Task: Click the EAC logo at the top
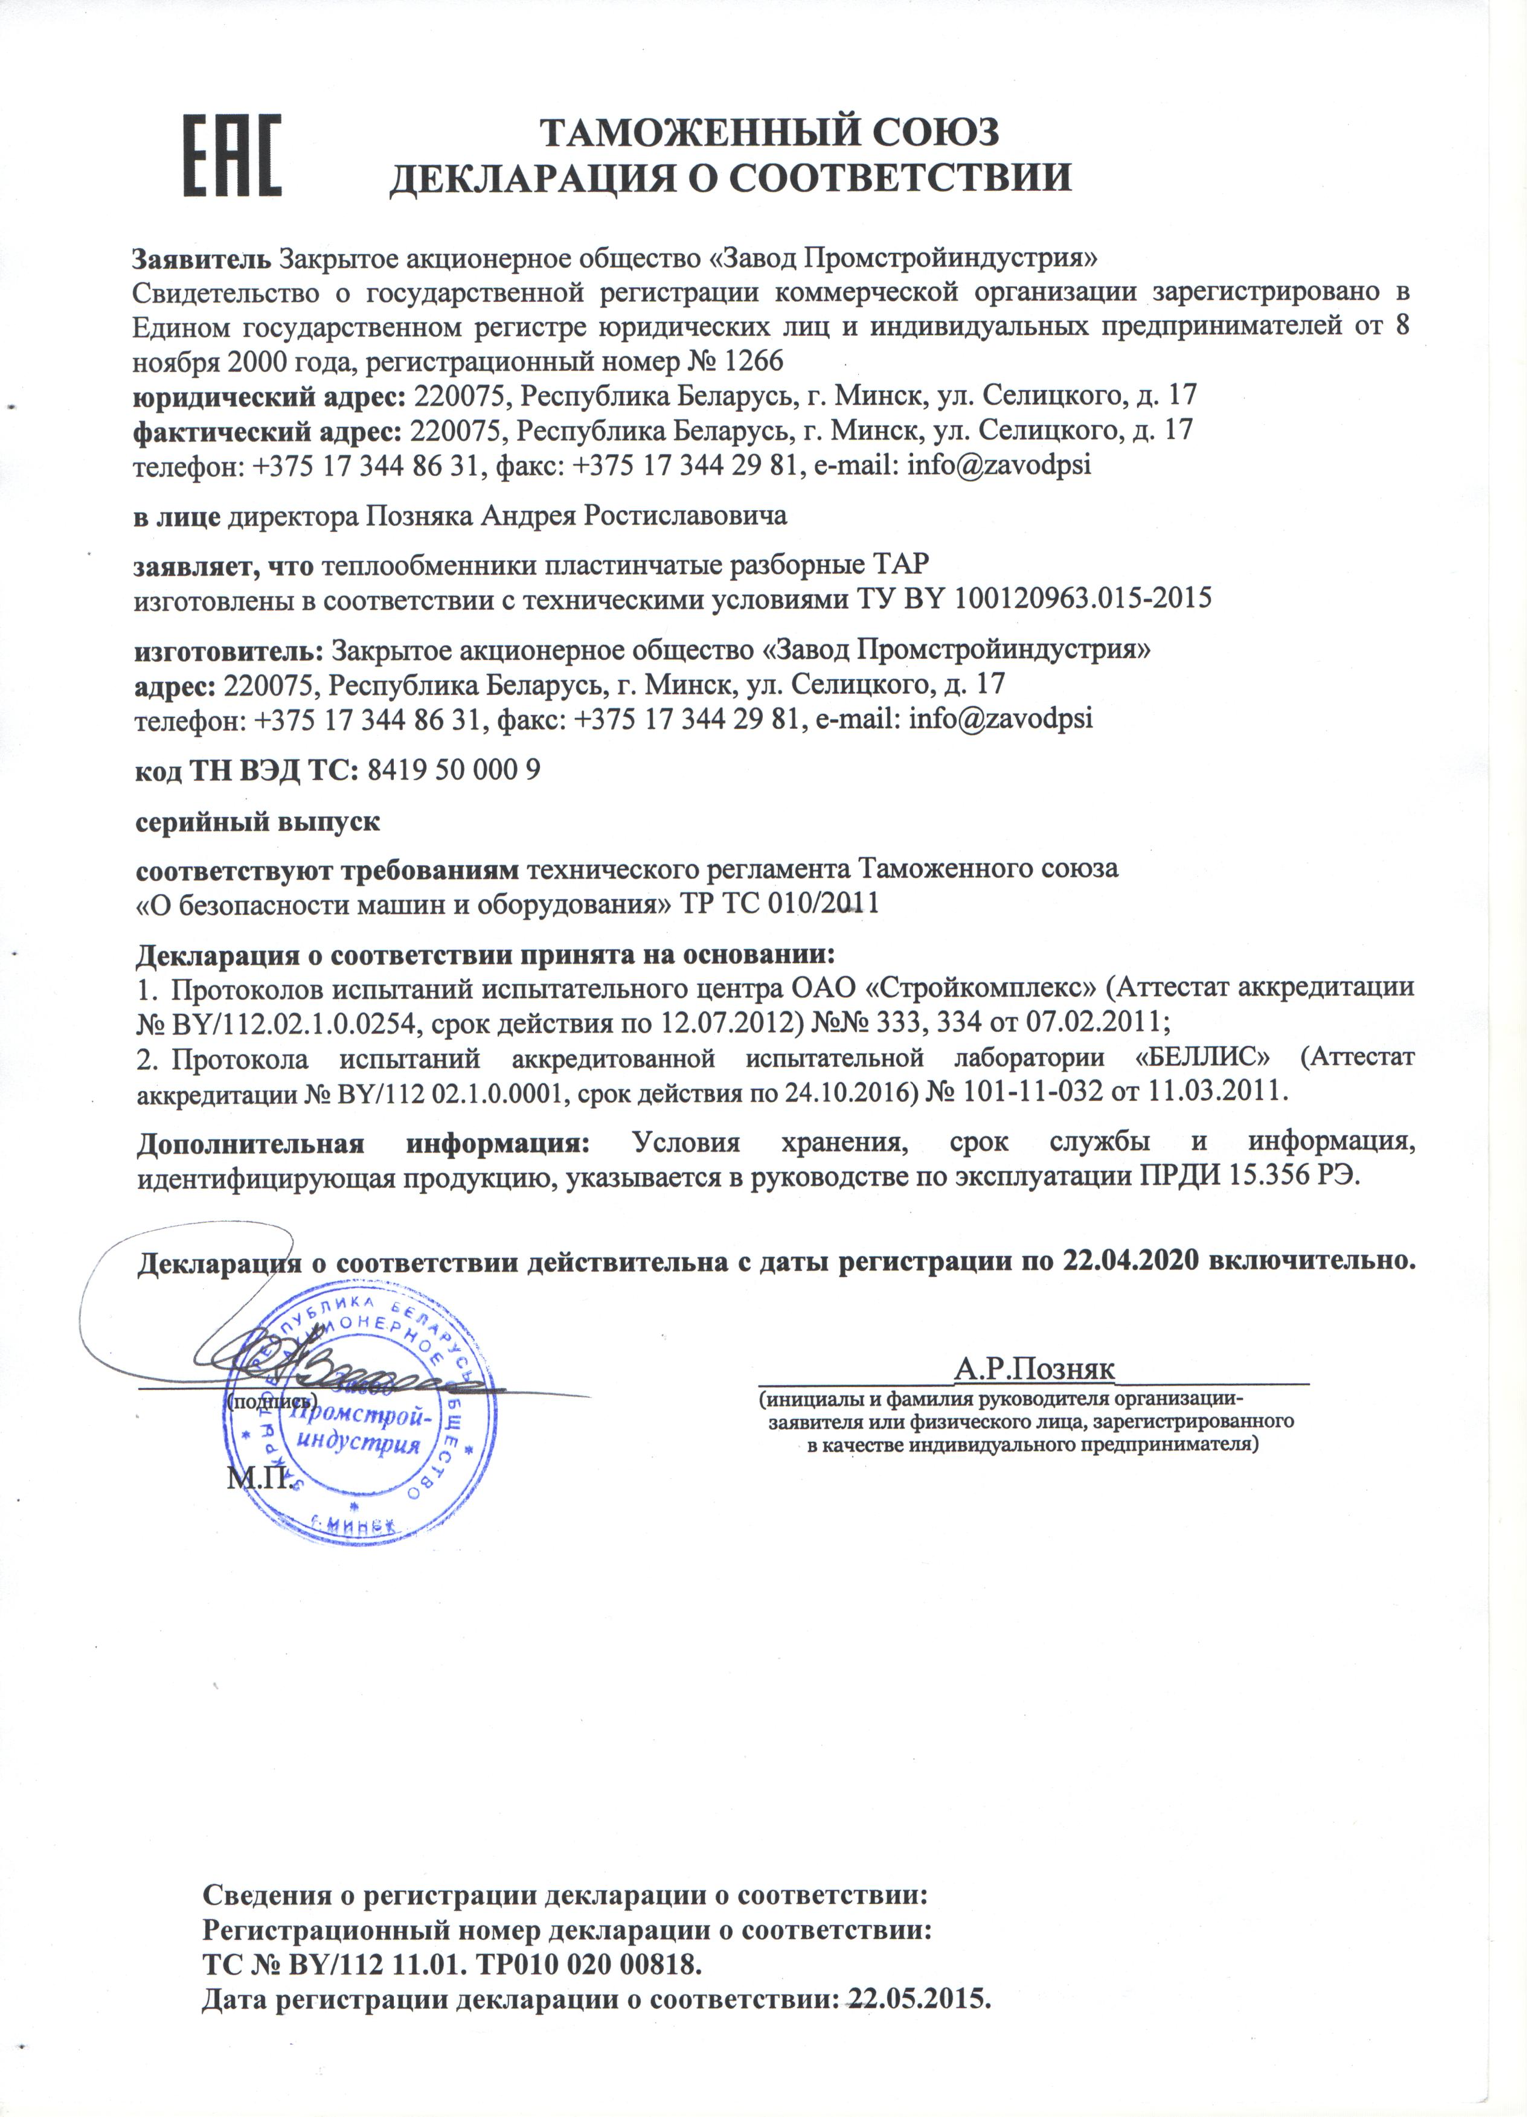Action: [x=233, y=156]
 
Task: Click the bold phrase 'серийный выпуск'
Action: [x=258, y=822]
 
